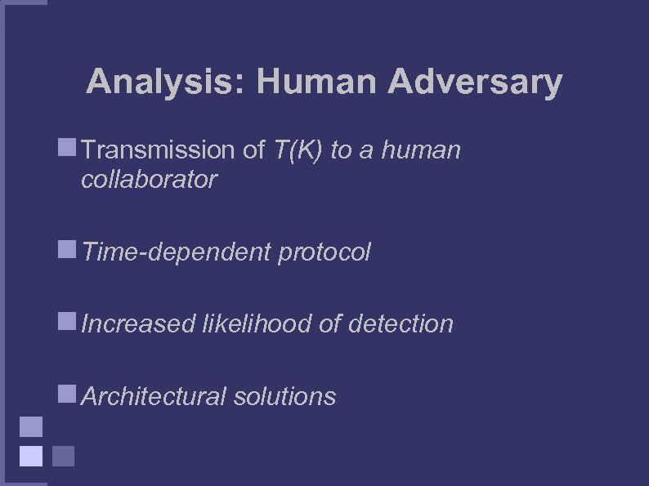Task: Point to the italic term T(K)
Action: (x=295, y=150)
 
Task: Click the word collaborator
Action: (x=149, y=180)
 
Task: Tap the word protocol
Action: (x=324, y=252)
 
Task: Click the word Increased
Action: (x=138, y=324)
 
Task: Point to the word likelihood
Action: (x=257, y=324)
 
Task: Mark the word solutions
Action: (x=284, y=397)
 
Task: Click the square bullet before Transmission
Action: (x=67, y=148)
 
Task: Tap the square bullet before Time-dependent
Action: (x=67, y=250)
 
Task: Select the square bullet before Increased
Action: (x=67, y=322)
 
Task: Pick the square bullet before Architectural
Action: (x=67, y=395)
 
